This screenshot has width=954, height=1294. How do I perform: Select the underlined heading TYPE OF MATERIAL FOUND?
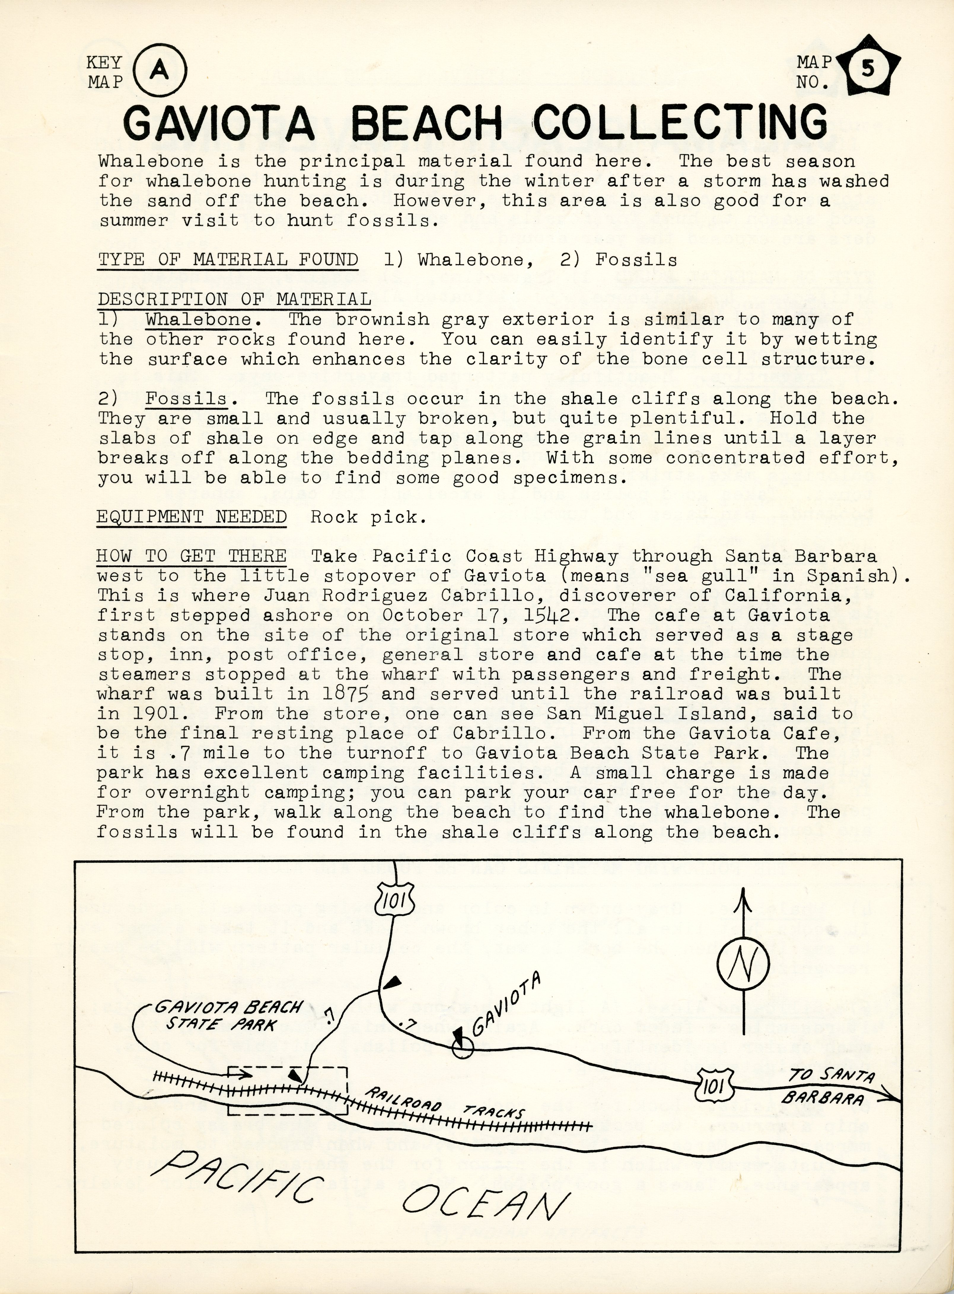coord(228,259)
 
